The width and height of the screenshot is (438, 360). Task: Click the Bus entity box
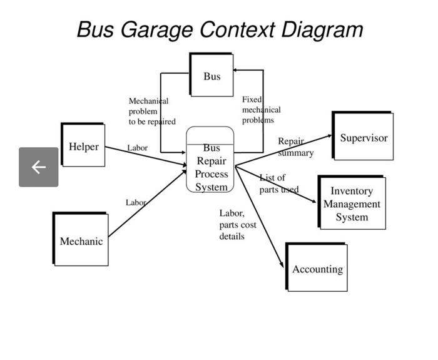pos(211,76)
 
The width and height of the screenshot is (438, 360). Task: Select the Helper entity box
pos(83,146)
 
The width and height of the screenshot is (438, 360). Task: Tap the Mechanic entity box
pos(81,240)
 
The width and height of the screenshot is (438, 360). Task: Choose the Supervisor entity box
pos(363,137)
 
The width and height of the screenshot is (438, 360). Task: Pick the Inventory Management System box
pos(352,203)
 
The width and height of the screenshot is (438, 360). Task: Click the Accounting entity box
pos(317,268)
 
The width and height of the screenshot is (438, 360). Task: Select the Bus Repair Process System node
pos(211,167)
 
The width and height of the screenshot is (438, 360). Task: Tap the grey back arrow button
pos(39,167)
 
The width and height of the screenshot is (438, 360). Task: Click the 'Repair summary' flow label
pos(295,147)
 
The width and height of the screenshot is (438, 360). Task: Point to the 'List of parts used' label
pos(278,183)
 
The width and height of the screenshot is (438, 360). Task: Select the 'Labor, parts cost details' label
pos(237,225)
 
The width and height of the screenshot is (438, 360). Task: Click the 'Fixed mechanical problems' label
pos(260,110)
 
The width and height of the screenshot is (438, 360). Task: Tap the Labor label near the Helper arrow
pos(137,148)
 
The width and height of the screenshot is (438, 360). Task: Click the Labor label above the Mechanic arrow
pos(136,202)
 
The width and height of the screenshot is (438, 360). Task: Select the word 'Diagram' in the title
pos(322,29)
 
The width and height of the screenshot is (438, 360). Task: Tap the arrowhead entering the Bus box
pos(237,70)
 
